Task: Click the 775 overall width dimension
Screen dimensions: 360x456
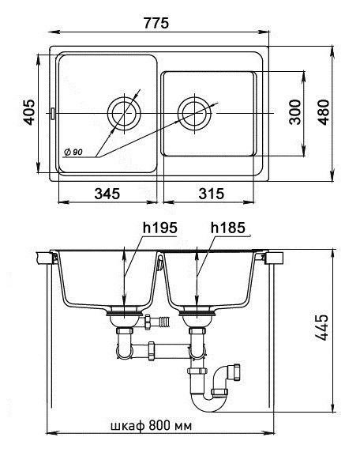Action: click(156, 23)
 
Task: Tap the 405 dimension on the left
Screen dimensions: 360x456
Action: click(29, 112)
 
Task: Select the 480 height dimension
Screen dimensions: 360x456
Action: click(324, 112)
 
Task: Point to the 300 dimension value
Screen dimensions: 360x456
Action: click(295, 112)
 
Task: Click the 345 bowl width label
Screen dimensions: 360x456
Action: click(107, 194)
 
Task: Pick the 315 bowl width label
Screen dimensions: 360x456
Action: click(212, 194)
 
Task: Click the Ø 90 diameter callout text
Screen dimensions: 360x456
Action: click(73, 152)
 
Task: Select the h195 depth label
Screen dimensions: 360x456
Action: click(159, 228)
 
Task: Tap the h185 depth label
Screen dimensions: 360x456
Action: click(228, 228)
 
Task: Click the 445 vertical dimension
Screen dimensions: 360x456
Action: click(322, 327)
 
